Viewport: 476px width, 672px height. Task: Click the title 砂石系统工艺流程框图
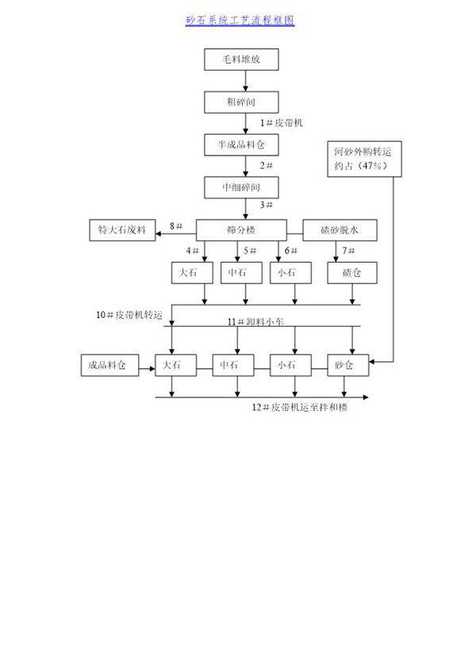(x=240, y=21)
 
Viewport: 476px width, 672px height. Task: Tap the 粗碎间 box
(x=241, y=102)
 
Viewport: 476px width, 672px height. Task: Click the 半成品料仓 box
(x=241, y=144)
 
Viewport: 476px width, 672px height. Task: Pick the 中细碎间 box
(x=241, y=187)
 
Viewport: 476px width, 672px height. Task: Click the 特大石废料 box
(x=122, y=230)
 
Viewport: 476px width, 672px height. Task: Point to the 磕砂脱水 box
(x=340, y=230)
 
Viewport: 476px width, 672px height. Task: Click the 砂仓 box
(x=344, y=366)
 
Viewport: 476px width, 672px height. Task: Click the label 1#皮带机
(x=281, y=123)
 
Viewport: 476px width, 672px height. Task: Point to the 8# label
(x=176, y=227)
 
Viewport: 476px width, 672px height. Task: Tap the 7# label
(x=347, y=251)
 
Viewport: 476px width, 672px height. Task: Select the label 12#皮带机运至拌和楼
(x=300, y=407)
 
